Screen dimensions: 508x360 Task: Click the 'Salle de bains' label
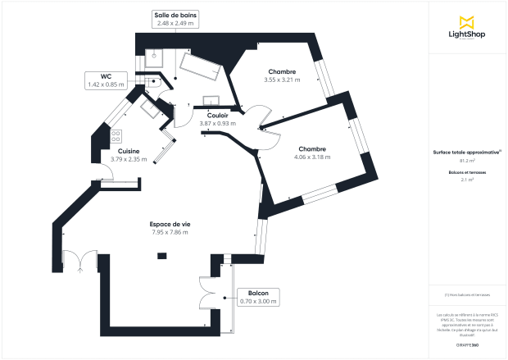tap(175, 16)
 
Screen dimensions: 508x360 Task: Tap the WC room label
tap(107, 75)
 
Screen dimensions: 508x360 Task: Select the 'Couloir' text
tap(217, 116)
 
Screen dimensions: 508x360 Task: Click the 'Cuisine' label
tap(128, 151)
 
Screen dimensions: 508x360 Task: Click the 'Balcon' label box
tap(257, 293)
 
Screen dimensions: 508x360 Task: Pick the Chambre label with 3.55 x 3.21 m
tap(282, 72)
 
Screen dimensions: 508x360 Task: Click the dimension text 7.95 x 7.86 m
tap(170, 233)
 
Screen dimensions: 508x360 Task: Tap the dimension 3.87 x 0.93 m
tap(217, 124)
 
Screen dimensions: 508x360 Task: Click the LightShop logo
tap(467, 28)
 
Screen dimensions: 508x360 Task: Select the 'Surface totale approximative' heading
tap(466, 153)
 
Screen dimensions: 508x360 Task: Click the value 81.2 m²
tap(467, 161)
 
